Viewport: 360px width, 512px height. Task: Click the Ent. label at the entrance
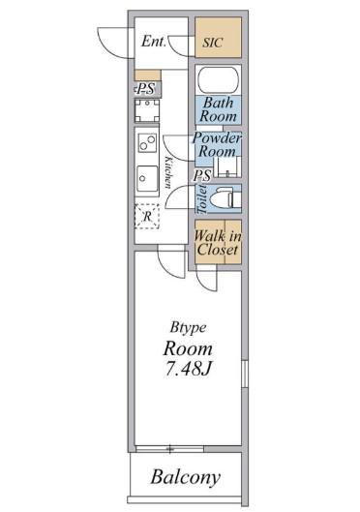(x=154, y=42)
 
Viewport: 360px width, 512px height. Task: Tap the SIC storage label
(x=213, y=43)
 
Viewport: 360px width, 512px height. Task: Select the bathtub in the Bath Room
(x=219, y=80)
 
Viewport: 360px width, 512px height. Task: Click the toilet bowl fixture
(x=225, y=198)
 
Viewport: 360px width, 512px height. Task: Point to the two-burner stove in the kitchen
(x=147, y=142)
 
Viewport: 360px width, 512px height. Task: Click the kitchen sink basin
(x=147, y=179)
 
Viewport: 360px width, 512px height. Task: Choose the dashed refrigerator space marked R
(x=147, y=216)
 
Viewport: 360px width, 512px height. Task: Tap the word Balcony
(x=186, y=477)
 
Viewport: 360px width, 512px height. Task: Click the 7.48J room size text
(x=189, y=369)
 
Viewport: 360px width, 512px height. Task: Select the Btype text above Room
(x=188, y=327)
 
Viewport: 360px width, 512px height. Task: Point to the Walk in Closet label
(x=218, y=243)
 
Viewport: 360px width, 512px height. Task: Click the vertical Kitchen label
(x=168, y=172)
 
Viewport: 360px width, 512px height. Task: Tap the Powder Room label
(x=217, y=144)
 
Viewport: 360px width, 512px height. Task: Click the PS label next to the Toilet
(x=202, y=176)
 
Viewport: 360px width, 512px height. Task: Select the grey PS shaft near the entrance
(x=148, y=89)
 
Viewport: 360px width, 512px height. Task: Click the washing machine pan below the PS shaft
(x=147, y=110)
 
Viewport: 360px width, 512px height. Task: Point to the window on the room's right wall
(x=245, y=374)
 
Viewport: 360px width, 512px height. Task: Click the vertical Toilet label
(x=202, y=199)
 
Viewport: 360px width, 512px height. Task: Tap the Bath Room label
(x=218, y=109)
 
